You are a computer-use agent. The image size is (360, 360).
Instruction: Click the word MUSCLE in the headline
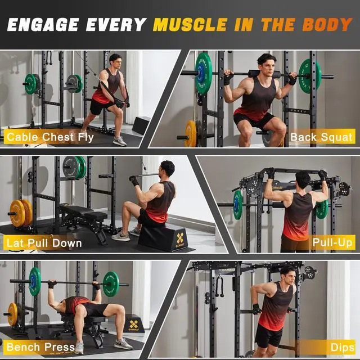(190, 25)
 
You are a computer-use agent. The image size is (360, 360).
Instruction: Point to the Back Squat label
(321, 137)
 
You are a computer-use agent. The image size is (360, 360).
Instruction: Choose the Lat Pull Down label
(44, 243)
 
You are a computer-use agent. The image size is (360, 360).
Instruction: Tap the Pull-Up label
(332, 243)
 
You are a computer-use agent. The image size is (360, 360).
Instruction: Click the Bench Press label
(40, 347)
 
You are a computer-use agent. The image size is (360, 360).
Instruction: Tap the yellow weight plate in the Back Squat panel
(191, 133)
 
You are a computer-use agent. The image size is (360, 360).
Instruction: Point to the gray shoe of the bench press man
(123, 343)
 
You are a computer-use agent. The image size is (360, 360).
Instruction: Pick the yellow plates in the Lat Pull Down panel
(21, 213)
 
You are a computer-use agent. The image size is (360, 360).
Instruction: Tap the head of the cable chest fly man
(115, 61)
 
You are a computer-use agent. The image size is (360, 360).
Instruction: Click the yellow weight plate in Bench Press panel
(12, 314)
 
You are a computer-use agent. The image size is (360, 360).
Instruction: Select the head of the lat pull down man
(167, 168)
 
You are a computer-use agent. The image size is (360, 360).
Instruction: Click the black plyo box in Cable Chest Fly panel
(141, 125)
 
